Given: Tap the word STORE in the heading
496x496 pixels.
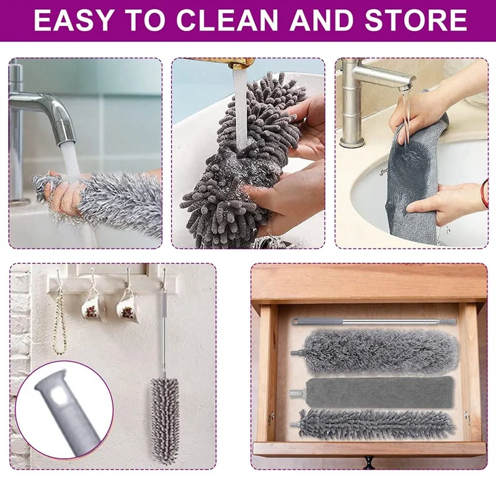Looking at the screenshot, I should point(422,20).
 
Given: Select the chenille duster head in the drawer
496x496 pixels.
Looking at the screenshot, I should point(378,424).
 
